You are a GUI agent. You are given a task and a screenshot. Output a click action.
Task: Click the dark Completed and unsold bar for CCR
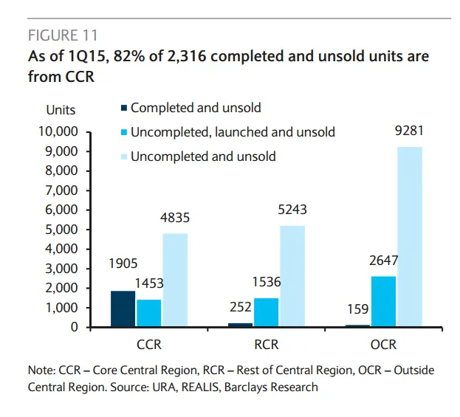[x=123, y=309]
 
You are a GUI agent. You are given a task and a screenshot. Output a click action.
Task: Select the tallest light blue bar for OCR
[x=410, y=236]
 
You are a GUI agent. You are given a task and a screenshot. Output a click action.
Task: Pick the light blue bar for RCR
[x=292, y=276]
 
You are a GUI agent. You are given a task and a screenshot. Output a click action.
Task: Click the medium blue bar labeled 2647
[x=383, y=301]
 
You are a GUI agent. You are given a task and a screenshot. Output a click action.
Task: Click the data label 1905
[x=123, y=263]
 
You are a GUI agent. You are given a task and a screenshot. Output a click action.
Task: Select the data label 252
[x=240, y=306]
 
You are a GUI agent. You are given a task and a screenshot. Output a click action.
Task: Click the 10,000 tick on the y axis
[x=58, y=132]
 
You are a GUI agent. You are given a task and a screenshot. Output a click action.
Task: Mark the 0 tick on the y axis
[x=75, y=327]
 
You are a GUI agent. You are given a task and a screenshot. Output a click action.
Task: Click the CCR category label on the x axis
[x=149, y=345]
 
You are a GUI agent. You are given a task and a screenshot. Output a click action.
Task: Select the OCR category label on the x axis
[x=383, y=345]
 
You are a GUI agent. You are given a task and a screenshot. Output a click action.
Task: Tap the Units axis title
[x=61, y=110]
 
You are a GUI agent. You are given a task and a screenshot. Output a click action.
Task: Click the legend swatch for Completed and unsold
[x=123, y=108]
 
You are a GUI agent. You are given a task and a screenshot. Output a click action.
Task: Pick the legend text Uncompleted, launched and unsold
[x=233, y=132]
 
